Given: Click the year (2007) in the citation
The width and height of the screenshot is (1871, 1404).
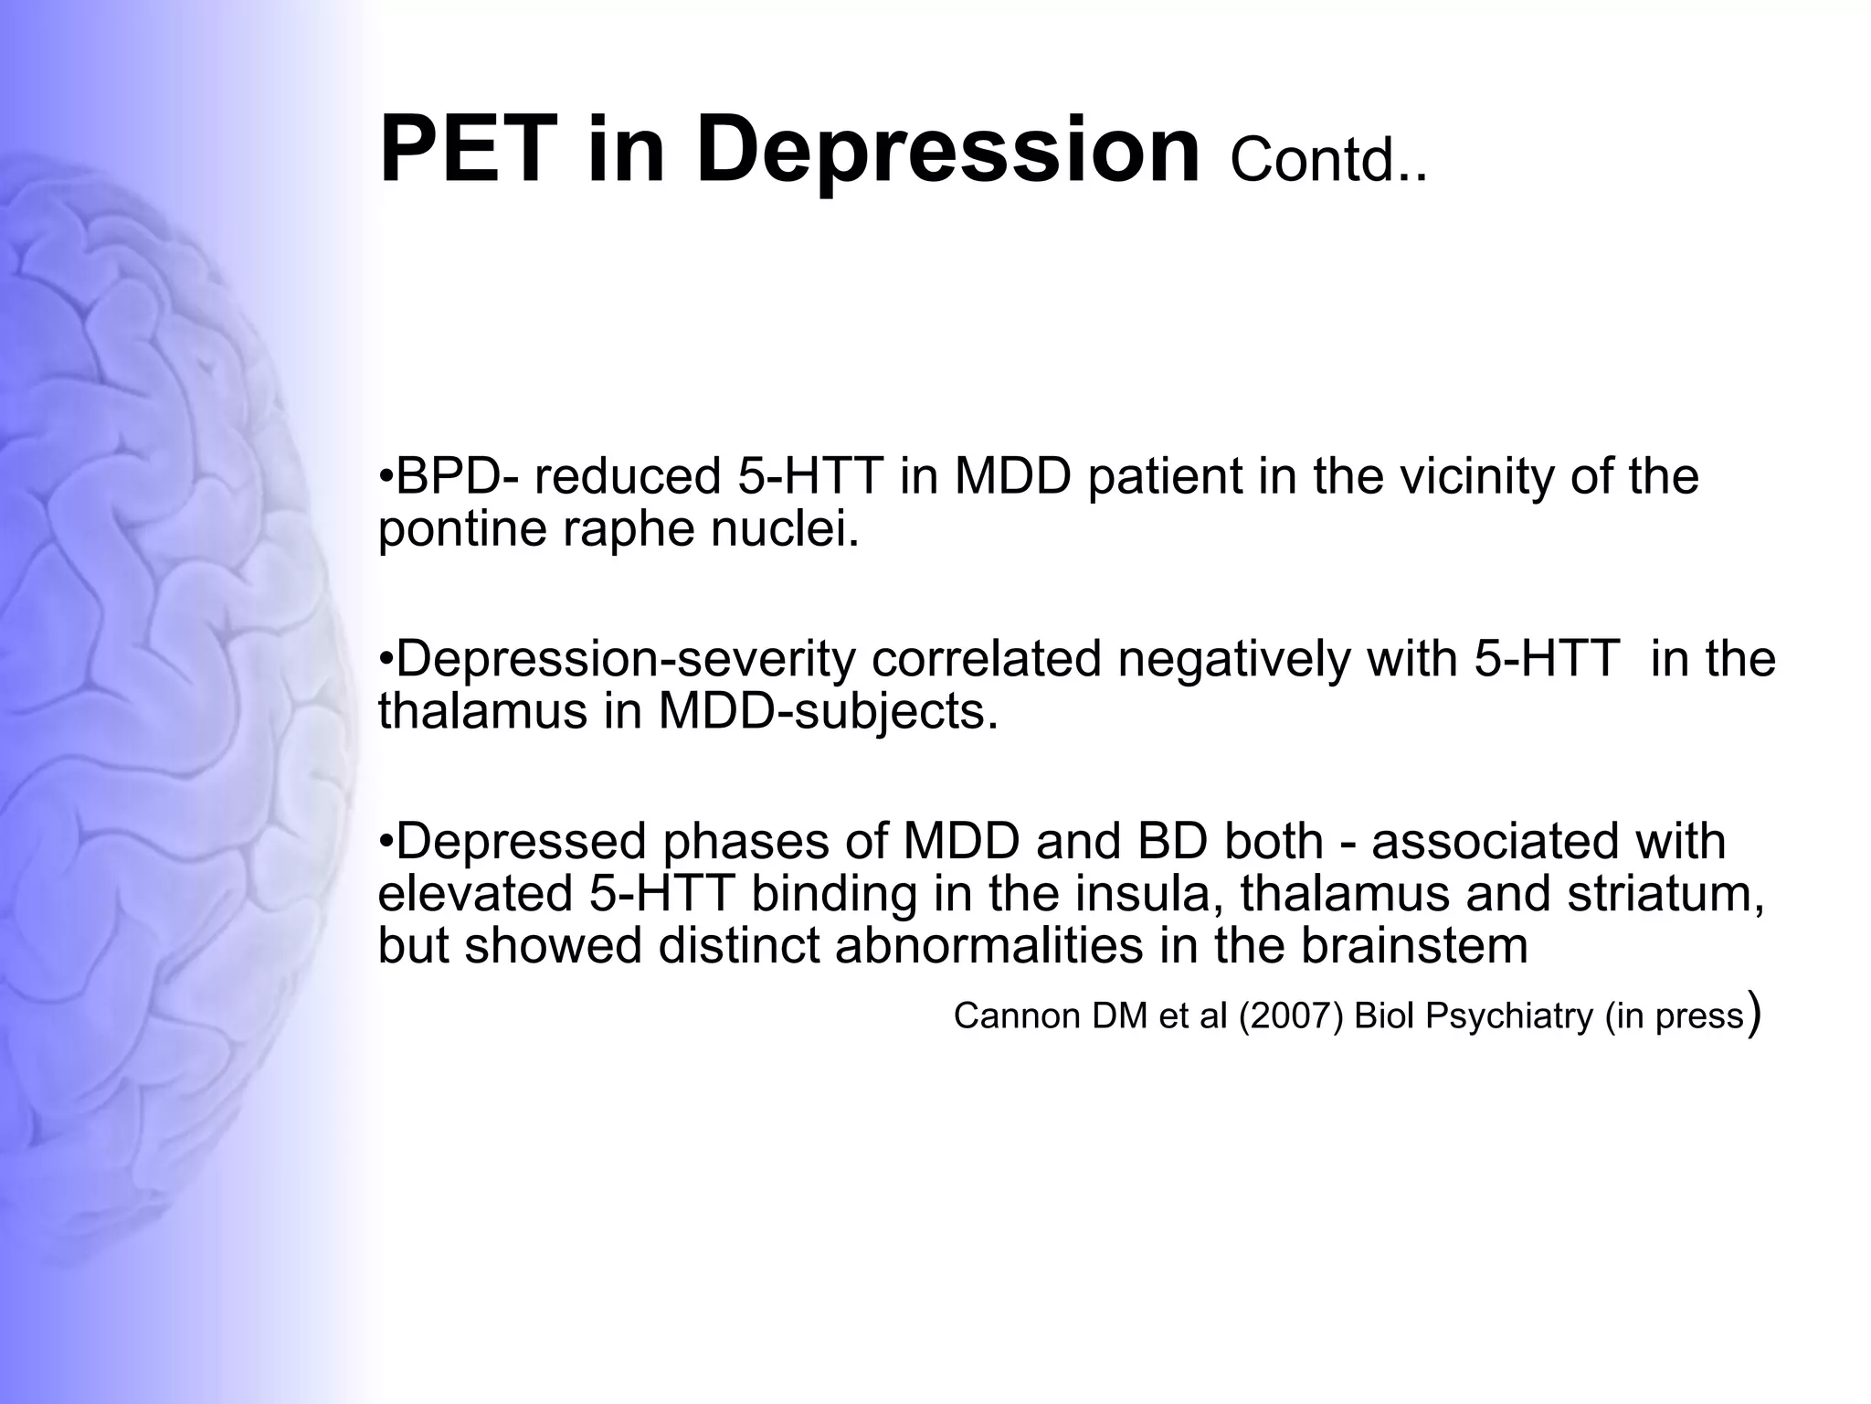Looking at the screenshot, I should click(1291, 1016).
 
